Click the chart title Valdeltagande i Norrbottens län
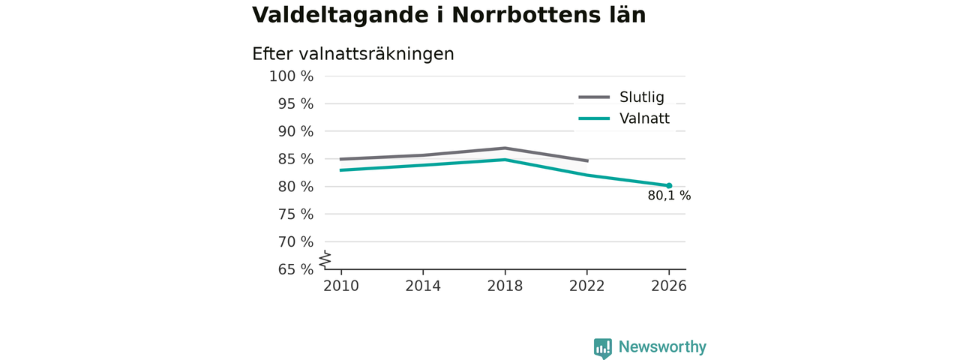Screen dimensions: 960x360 (448, 16)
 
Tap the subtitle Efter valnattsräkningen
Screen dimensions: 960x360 (353, 55)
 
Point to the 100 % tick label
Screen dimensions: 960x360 (292, 76)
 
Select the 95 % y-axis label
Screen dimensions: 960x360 (295, 103)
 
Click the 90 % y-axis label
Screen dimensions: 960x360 (295, 131)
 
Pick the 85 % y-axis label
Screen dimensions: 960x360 (295, 159)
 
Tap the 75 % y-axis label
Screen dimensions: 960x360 (295, 214)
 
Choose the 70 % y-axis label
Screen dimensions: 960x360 (295, 242)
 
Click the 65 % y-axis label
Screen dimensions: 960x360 (295, 269)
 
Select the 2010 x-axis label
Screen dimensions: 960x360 (341, 286)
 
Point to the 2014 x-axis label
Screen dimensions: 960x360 (423, 286)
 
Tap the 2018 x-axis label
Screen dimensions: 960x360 (505, 286)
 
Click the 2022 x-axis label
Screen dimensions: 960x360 (586, 286)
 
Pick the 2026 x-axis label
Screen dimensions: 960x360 (668, 286)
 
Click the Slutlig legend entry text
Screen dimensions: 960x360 (641, 97)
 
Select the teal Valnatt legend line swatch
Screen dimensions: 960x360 (594, 118)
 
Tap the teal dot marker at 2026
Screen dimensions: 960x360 (669, 185)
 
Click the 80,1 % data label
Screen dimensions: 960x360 (669, 196)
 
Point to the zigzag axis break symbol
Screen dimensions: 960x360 (325, 259)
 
